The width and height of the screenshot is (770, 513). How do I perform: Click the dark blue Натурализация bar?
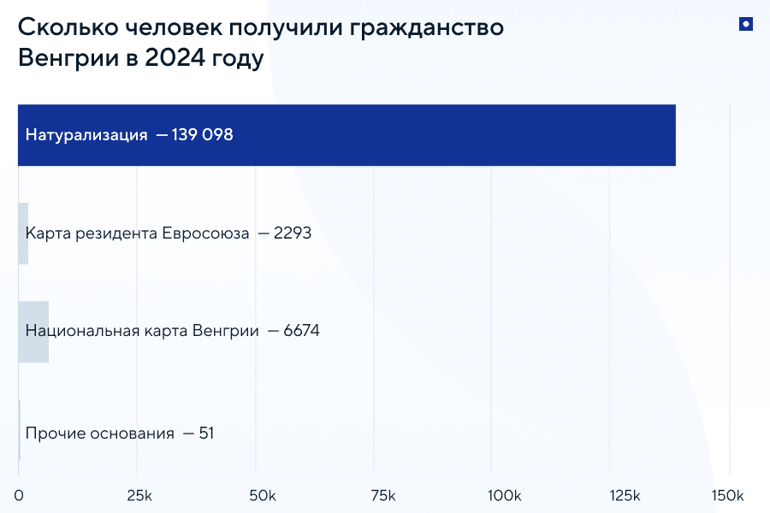[428, 135]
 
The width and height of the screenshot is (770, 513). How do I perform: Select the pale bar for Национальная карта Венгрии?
[33, 332]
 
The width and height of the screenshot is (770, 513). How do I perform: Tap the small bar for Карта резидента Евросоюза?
[23, 233]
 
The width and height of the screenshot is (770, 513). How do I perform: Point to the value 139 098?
[203, 135]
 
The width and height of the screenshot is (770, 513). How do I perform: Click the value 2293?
[293, 233]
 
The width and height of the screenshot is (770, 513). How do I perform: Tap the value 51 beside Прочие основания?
[206, 433]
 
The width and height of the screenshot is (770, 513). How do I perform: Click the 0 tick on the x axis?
[19, 496]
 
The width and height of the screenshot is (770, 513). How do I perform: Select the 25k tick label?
[139, 496]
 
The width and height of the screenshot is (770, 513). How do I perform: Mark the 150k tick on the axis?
[727, 496]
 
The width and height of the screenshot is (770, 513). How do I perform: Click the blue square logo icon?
[745, 25]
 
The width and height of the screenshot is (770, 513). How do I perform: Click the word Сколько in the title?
[61, 27]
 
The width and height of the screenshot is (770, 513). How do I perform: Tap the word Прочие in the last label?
[54, 433]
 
